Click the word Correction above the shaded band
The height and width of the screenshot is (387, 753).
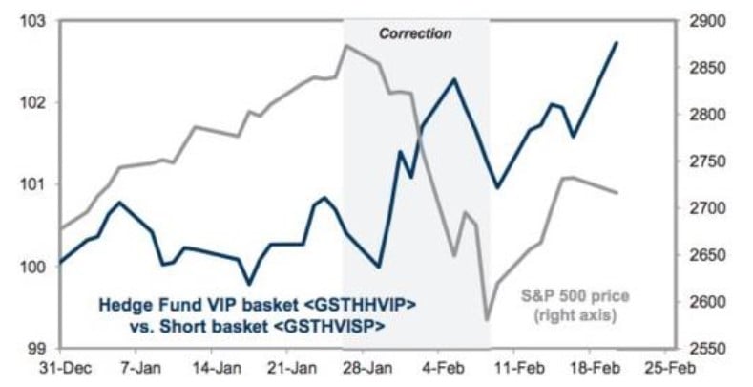coord(415,33)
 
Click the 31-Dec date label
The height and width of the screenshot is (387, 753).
coord(59,367)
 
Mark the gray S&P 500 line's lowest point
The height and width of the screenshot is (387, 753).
coord(487,319)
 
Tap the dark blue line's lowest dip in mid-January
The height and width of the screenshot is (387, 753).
coord(249,284)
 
